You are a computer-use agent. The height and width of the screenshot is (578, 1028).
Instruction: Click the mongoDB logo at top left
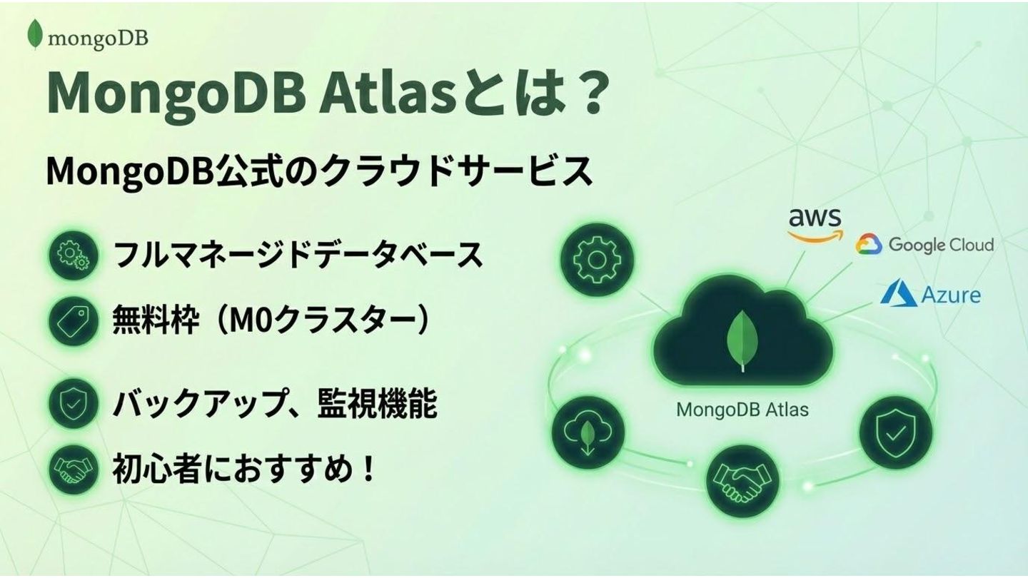(87, 36)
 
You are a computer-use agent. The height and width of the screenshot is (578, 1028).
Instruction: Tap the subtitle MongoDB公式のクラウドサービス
(319, 171)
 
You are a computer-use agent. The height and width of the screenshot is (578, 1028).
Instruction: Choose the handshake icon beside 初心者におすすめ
(74, 470)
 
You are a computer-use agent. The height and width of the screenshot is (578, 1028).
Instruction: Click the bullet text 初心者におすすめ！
(243, 470)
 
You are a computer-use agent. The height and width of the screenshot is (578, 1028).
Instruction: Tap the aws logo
(815, 224)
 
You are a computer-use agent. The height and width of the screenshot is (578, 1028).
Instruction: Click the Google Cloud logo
(924, 245)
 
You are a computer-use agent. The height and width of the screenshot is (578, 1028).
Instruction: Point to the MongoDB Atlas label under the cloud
(742, 410)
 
